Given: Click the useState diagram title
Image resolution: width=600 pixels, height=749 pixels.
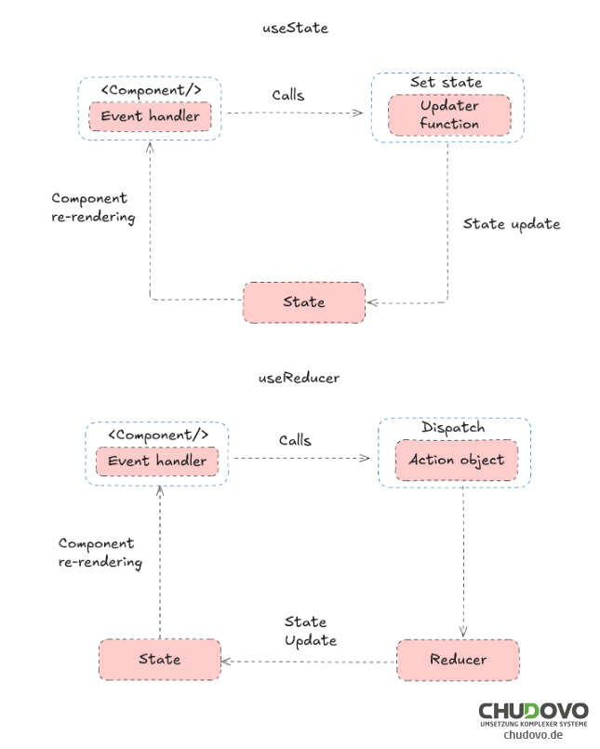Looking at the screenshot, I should coord(295,28).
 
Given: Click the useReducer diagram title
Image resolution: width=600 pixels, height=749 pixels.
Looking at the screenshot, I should coord(298,378).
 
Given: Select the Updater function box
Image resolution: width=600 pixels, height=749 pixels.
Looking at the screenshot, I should coord(449,115).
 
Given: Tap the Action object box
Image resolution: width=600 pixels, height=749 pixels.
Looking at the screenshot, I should coord(456,460).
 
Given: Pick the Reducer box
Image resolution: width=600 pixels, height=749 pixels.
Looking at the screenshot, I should coord(458,660).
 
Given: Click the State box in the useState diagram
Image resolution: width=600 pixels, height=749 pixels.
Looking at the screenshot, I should coord(304,302).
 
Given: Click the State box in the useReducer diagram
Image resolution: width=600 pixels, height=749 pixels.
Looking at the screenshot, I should coord(160,659).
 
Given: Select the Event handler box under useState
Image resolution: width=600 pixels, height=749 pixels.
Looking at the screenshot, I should coord(150,116).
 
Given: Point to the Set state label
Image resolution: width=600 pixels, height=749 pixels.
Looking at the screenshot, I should coord(447,83).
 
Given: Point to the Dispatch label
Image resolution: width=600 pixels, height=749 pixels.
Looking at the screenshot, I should coord(453,428).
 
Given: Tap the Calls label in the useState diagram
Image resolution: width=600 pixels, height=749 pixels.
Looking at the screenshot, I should coord(288,95).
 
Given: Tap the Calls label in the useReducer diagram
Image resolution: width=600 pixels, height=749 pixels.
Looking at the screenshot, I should coord(295,440).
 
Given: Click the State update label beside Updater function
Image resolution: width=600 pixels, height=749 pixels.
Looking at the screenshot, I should coord(512,224).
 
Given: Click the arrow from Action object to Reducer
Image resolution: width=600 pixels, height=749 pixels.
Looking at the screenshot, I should coord(462,558).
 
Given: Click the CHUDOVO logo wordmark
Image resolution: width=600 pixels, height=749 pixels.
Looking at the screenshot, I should coord(533,712).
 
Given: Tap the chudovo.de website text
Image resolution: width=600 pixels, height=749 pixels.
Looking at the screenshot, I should coord(534,735).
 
